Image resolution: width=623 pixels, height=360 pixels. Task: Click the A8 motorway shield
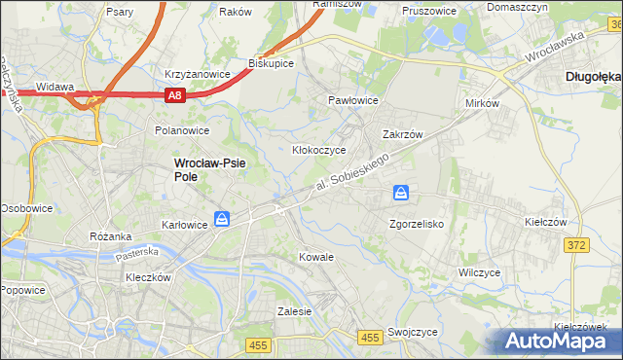174,95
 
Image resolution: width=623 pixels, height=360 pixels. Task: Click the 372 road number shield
575,245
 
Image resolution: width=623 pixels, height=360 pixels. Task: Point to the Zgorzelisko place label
417,224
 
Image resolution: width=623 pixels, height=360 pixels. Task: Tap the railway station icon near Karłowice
223,220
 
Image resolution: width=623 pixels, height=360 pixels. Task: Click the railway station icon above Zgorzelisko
401,195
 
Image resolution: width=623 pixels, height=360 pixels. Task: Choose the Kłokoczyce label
319,151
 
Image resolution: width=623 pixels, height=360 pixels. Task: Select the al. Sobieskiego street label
353,171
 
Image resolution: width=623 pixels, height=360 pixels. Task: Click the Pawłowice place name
352,100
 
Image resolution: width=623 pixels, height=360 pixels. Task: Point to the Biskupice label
272,62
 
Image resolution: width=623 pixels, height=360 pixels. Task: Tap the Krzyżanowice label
198,74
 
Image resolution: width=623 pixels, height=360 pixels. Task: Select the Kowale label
316,257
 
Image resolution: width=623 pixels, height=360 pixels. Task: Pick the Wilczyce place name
479,272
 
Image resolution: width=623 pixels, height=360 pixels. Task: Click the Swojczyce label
412,331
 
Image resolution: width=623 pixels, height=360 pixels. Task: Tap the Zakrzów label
401,135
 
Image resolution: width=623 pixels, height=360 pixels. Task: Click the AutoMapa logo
559,341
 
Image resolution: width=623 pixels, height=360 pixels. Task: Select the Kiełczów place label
545,222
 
